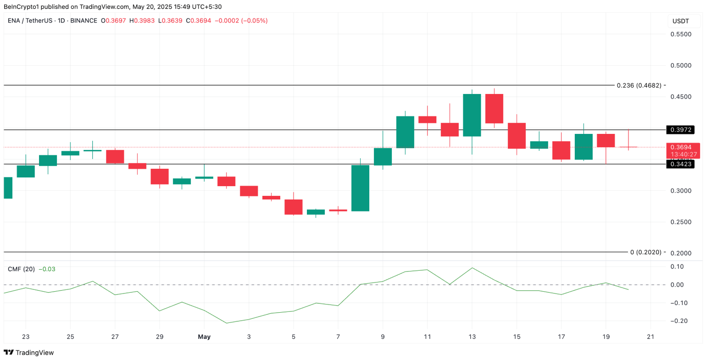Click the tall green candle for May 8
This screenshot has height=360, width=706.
(x=360, y=188)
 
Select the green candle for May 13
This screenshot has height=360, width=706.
(x=472, y=115)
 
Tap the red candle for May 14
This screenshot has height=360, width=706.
(x=494, y=109)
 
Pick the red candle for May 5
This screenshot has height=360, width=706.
(x=294, y=207)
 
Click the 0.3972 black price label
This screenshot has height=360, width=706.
(x=681, y=130)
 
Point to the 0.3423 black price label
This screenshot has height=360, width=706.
(x=681, y=164)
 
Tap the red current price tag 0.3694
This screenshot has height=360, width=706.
(x=681, y=147)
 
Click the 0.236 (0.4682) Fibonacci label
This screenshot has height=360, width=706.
(x=639, y=85)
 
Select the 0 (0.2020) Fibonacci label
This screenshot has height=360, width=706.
(x=645, y=252)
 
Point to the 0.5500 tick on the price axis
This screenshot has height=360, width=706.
(x=681, y=34)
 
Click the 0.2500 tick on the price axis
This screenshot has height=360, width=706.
(x=681, y=222)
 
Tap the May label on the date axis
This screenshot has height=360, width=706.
(x=204, y=337)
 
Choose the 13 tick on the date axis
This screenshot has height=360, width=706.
(x=472, y=337)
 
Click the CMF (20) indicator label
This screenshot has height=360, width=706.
(x=21, y=269)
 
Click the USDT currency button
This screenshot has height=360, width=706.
(x=681, y=21)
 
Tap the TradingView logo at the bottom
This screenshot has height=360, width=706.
(x=29, y=353)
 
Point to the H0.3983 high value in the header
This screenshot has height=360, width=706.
(x=142, y=21)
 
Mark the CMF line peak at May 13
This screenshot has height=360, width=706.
(x=472, y=268)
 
